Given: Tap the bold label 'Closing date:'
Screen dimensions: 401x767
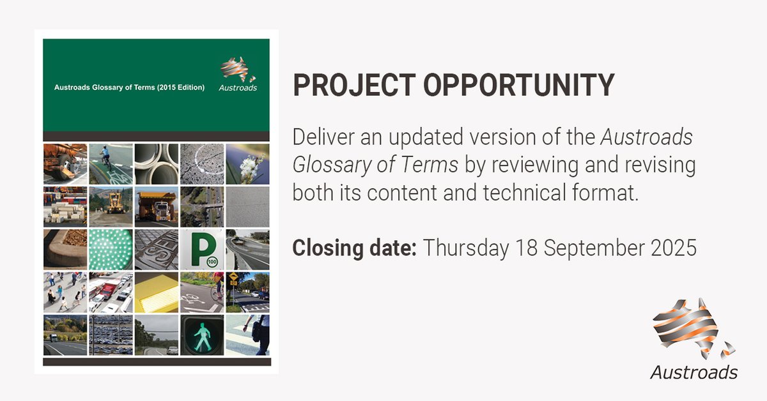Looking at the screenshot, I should [x=354, y=248].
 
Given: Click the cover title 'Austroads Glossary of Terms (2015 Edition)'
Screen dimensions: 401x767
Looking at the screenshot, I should [x=129, y=87].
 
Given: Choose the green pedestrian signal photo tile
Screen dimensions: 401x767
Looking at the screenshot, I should [x=202, y=335].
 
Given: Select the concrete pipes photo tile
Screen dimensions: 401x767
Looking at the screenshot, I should [x=156, y=163].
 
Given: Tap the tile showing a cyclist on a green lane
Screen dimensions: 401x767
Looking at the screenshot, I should [x=111, y=163].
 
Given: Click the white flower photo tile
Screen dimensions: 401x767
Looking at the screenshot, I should [x=247, y=163].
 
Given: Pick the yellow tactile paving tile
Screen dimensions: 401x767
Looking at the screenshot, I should [x=156, y=292].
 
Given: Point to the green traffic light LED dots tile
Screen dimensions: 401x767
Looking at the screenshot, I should [x=111, y=249].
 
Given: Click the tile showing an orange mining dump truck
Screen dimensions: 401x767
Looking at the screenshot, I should [x=156, y=206].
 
